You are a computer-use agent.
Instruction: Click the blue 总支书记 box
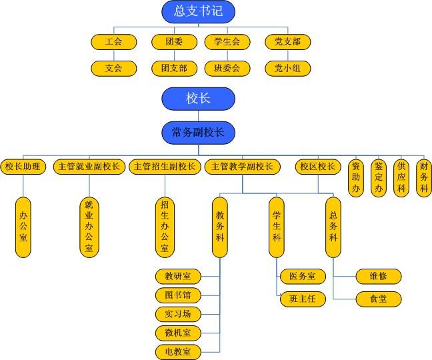pyautogui.click(x=198, y=11)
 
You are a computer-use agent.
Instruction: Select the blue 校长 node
pyautogui.click(x=198, y=99)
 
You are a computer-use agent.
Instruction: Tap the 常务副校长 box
pyautogui.click(x=198, y=132)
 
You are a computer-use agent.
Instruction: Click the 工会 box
pyautogui.click(x=113, y=42)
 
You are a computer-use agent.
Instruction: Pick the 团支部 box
pyautogui.click(x=174, y=68)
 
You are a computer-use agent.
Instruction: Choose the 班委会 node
pyautogui.click(x=227, y=68)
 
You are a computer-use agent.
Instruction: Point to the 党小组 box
pyautogui.click(x=287, y=68)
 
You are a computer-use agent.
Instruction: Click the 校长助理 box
pyautogui.click(x=23, y=167)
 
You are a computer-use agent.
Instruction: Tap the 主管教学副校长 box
pyautogui.click(x=242, y=167)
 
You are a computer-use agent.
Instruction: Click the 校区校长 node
pyautogui.click(x=317, y=167)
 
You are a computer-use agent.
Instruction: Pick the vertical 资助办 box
pyautogui.click(x=357, y=177)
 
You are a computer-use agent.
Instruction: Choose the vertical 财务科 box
pyautogui.click(x=423, y=177)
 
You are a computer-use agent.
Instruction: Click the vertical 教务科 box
pyautogui.click(x=220, y=227)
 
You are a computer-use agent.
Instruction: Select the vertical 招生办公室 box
pyautogui.click(x=164, y=227)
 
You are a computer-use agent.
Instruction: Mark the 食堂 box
pyautogui.click(x=378, y=299)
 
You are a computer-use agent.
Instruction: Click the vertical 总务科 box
pyautogui.click(x=333, y=227)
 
